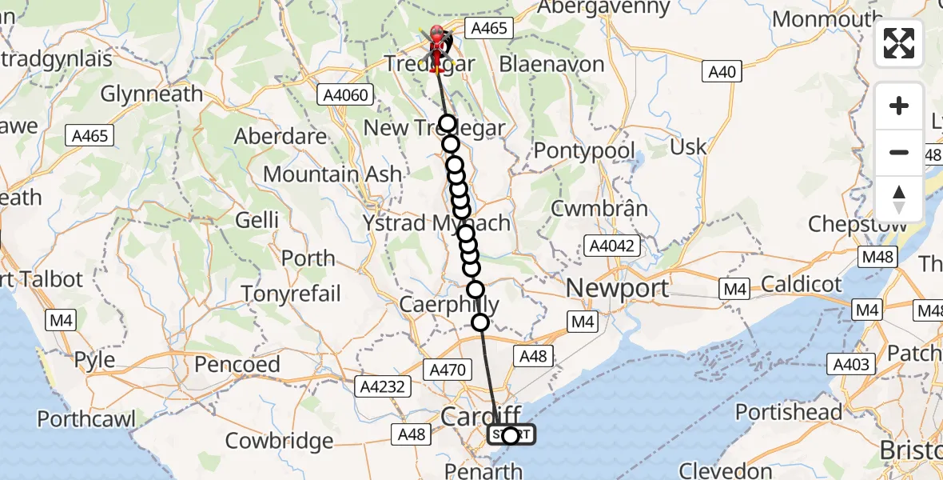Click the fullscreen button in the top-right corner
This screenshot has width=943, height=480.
899,43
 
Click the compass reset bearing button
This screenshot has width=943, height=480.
899,199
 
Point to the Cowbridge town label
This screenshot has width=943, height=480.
279,441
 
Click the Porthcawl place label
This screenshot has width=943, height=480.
86,418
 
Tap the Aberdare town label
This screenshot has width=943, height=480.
281,136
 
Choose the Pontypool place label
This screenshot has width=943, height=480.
584,150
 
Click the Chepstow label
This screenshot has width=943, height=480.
857,223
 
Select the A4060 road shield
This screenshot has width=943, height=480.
346,95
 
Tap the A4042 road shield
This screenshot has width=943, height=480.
614,245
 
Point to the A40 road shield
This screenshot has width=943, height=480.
722,72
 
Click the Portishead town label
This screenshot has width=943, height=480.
788,413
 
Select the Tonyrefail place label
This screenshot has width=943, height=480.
292,294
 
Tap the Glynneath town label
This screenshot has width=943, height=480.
152,94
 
